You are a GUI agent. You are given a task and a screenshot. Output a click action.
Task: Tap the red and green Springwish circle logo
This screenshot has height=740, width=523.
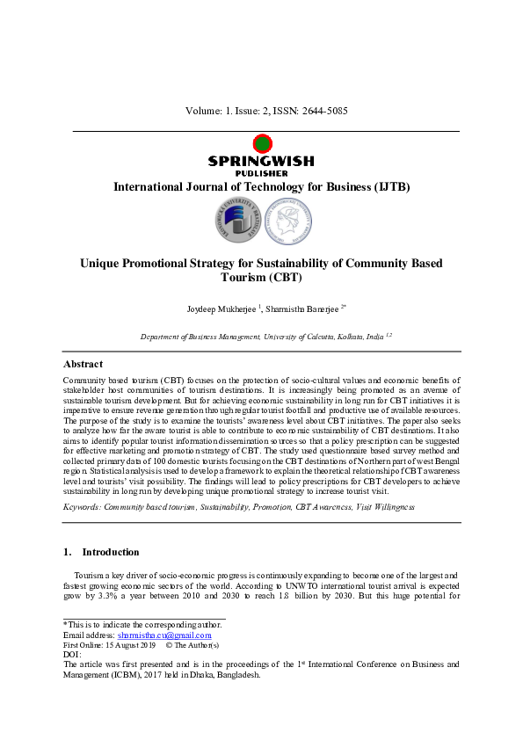[261, 144]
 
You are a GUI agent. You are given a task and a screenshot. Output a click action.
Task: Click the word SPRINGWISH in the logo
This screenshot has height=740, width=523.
[261, 161]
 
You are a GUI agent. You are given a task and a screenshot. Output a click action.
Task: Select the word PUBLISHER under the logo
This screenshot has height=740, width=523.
[261, 173]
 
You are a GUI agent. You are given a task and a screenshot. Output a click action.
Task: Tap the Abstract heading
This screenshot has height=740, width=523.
[83, 364]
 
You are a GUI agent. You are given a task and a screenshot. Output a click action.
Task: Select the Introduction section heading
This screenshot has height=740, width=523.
[110, 553]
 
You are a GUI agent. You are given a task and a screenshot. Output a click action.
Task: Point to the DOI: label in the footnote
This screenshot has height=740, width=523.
[72, 655]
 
